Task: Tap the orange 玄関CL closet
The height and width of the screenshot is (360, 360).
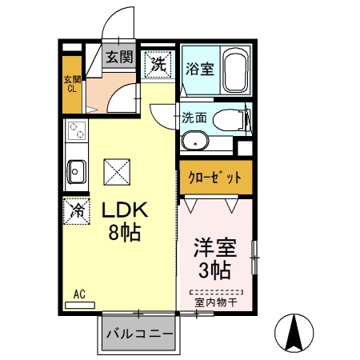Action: pos(73,83)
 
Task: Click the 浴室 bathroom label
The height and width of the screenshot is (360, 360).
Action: pos(199,67)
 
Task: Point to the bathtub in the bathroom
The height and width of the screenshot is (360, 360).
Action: pos(236,70)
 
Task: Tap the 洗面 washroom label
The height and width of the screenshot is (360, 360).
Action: pos(194,117)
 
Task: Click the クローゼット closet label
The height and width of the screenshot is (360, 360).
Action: pos(214,178)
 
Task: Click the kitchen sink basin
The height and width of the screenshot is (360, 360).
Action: pos(78,170)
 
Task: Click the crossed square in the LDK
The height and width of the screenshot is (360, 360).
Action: pos(118,170)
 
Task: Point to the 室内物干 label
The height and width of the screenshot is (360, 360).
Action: pos(214,301)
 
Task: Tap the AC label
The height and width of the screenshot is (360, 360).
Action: pos(79,294)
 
